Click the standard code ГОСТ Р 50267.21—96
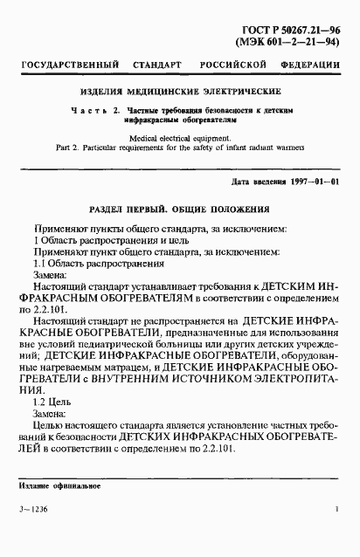294,28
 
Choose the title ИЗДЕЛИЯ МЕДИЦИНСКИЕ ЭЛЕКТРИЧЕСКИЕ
179,90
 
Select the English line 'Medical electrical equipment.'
179,138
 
